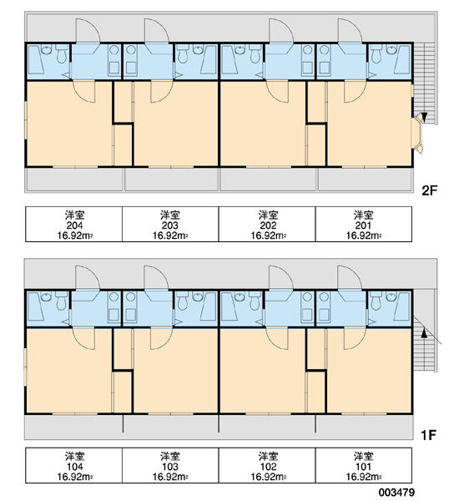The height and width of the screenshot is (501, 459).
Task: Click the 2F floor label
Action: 429,190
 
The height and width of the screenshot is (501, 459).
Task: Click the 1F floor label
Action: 428,435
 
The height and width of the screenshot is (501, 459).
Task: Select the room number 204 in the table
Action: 74,225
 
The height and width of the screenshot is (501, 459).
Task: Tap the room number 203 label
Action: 170,225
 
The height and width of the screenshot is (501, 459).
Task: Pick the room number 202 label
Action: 268,225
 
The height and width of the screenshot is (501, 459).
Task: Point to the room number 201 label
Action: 363,225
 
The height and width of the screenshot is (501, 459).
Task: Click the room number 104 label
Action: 74,467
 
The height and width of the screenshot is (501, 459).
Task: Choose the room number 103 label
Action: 170,467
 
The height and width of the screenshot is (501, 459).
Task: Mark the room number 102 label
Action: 268,467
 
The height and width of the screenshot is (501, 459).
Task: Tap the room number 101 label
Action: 363,467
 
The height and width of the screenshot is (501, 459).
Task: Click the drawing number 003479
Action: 397,493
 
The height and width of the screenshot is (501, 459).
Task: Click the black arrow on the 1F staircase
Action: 424,333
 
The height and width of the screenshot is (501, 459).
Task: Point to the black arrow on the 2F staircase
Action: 424,117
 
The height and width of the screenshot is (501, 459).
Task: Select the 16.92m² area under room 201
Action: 363,235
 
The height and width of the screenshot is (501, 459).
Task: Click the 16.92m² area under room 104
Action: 75,477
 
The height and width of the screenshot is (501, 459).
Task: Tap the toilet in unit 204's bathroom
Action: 61,54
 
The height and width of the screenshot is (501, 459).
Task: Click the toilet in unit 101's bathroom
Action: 376,301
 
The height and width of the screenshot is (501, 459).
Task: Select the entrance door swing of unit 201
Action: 350,31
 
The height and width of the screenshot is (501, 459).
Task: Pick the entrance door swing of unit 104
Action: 88,277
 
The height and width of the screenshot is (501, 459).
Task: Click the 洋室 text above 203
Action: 170,215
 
